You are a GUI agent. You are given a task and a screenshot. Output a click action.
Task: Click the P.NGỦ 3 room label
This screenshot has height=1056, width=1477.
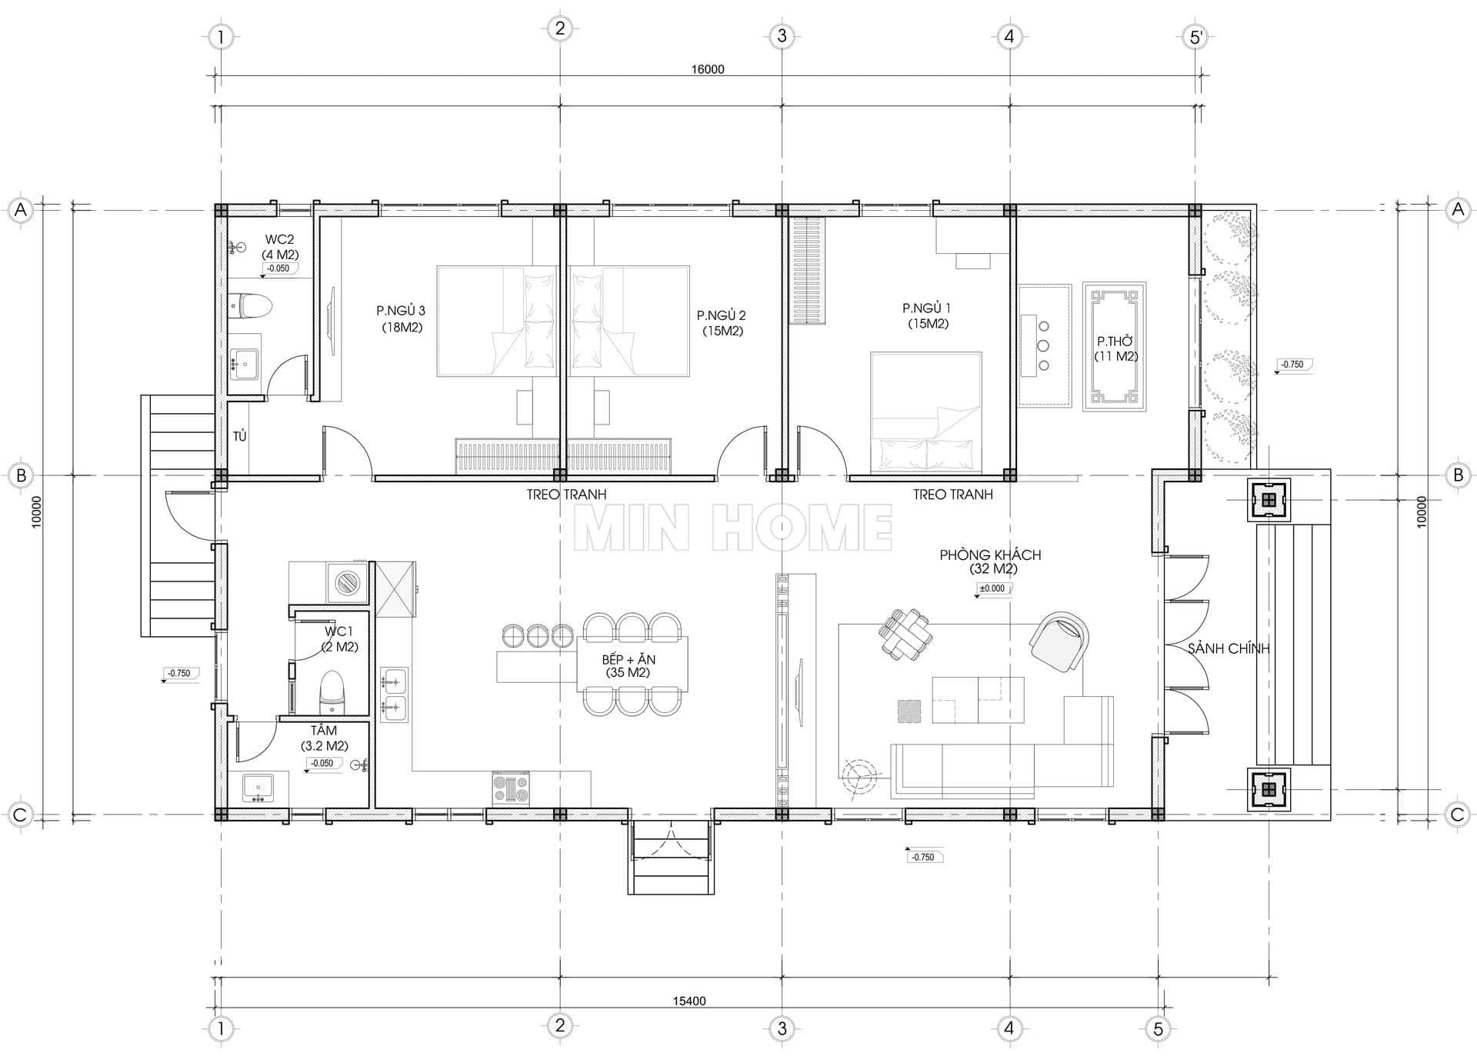click(x=400, y=311)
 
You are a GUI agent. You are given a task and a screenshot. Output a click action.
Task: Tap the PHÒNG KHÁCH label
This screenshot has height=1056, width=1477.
click(x=990, y=555)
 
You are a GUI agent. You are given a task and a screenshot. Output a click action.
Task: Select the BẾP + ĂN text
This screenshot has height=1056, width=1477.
click(x=628, y=659)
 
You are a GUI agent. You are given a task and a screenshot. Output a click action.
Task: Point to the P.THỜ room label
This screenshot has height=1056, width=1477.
click(x=1115, y=341)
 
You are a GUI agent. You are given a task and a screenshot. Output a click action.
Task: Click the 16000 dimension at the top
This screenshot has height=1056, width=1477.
click(x=708, y=69)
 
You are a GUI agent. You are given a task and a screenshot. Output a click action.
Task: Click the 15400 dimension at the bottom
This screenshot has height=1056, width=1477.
click(x=689, y=1001)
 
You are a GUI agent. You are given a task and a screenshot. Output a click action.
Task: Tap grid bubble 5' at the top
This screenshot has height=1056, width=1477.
click(x=1195, y=36)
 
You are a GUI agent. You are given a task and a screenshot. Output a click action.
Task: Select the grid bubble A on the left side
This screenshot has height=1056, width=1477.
click(x=21, y=210)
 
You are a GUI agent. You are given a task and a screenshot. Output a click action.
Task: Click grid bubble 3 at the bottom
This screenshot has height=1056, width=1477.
click(x=782, y=1028)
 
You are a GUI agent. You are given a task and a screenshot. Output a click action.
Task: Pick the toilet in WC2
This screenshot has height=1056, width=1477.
click(x=251, y=305)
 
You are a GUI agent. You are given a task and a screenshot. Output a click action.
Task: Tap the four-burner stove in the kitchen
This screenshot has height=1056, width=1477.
click(x=511, y=788)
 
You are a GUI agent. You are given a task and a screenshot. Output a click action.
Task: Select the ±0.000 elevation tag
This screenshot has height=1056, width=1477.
click(x=992, y=588)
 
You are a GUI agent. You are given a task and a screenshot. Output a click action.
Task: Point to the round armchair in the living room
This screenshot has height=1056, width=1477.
click(x=1060, y=641)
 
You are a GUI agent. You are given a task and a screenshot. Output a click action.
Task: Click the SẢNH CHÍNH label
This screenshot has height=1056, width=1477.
click(x=1228, y=648)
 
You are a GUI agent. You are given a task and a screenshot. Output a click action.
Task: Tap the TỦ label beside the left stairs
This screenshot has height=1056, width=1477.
click(x=240, y=436)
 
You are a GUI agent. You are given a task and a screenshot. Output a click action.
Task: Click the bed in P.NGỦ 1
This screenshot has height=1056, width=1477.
click(x=926, y=412)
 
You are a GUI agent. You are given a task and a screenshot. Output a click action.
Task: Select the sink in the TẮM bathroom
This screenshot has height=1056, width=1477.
click(x=258, y=788)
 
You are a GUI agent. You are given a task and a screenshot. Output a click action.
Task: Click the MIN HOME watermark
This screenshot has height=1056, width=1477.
click(x=733, y=528)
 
